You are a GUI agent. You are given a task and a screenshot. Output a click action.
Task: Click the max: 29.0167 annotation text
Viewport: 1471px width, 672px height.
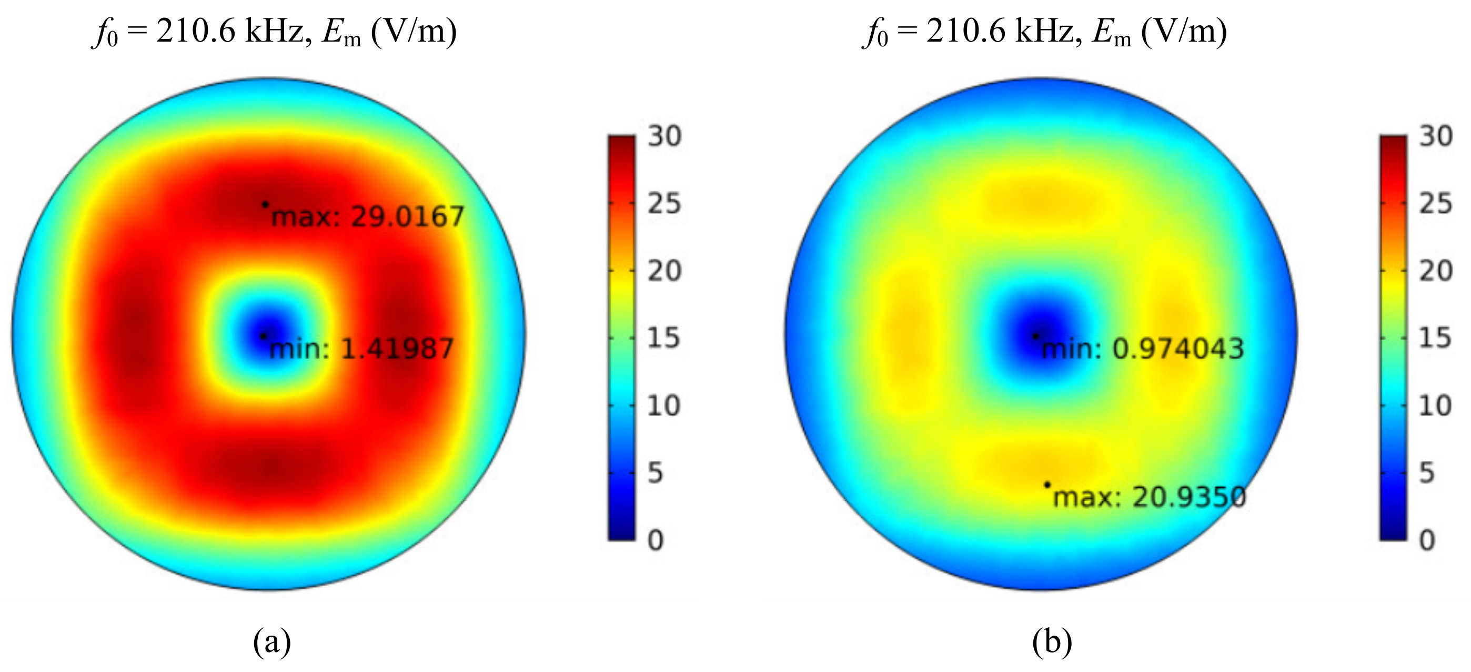[368, 217]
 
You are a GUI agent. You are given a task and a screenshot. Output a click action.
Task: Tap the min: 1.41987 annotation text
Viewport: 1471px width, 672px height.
[361, 349]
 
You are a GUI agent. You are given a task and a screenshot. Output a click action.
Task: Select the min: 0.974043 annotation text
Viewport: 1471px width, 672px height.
[1143, 349]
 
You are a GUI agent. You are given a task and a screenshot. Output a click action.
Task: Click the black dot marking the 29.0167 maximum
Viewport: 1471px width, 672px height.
[265, 204]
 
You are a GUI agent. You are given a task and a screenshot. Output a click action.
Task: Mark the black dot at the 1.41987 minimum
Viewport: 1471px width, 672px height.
[263, 336]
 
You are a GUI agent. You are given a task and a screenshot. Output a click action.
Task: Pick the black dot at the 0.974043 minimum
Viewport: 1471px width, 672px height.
[1035, 336]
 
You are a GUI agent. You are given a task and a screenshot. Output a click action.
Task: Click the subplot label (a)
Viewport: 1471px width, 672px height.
[272, 641]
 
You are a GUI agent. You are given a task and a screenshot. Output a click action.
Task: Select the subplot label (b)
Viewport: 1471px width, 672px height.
[1052, 641]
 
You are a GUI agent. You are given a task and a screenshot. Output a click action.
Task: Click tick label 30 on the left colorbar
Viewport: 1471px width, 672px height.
[664, 136]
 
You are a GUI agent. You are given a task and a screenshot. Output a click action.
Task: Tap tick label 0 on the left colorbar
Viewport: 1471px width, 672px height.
[656, 540]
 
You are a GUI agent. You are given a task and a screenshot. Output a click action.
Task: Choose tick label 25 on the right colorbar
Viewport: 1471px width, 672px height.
[1436, 204]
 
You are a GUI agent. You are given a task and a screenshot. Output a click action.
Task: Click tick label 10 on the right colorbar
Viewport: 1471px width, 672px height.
[1436, 406]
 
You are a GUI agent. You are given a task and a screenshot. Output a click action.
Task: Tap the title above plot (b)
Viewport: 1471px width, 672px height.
[1045, 32]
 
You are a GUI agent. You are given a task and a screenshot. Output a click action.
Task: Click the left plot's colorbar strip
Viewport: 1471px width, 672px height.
[621, 337]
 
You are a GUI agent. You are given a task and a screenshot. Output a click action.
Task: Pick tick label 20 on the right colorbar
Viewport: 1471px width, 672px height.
[1436, 271]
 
